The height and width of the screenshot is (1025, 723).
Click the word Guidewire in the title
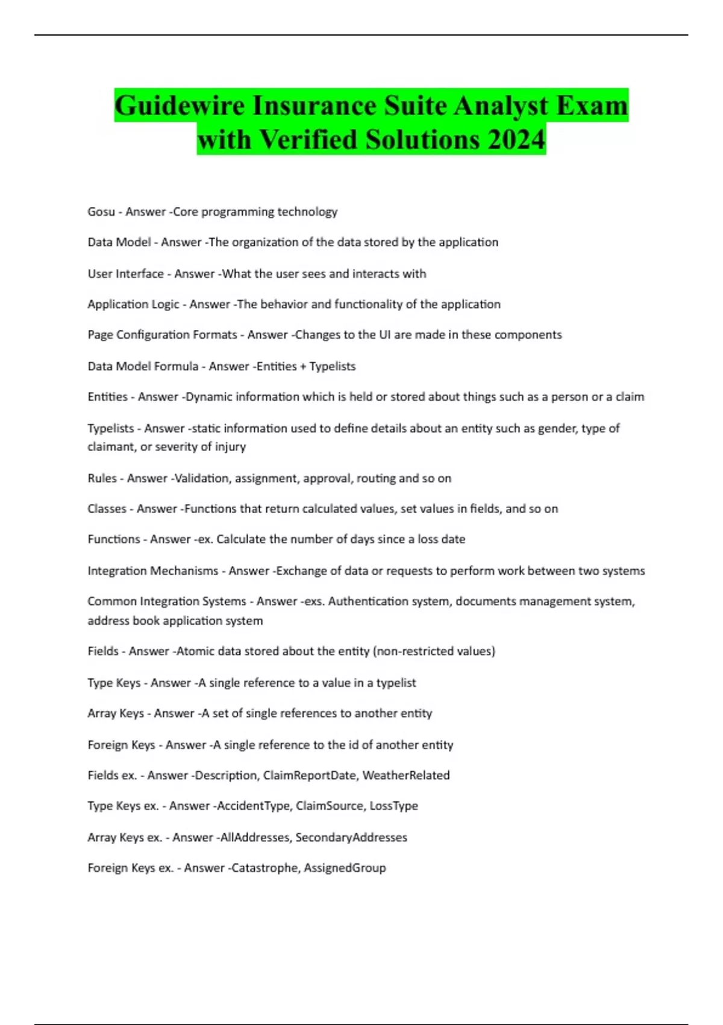179,106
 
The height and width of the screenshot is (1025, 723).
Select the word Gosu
101,212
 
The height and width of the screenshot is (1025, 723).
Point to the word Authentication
368,601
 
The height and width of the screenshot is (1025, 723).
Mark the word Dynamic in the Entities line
208,397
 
